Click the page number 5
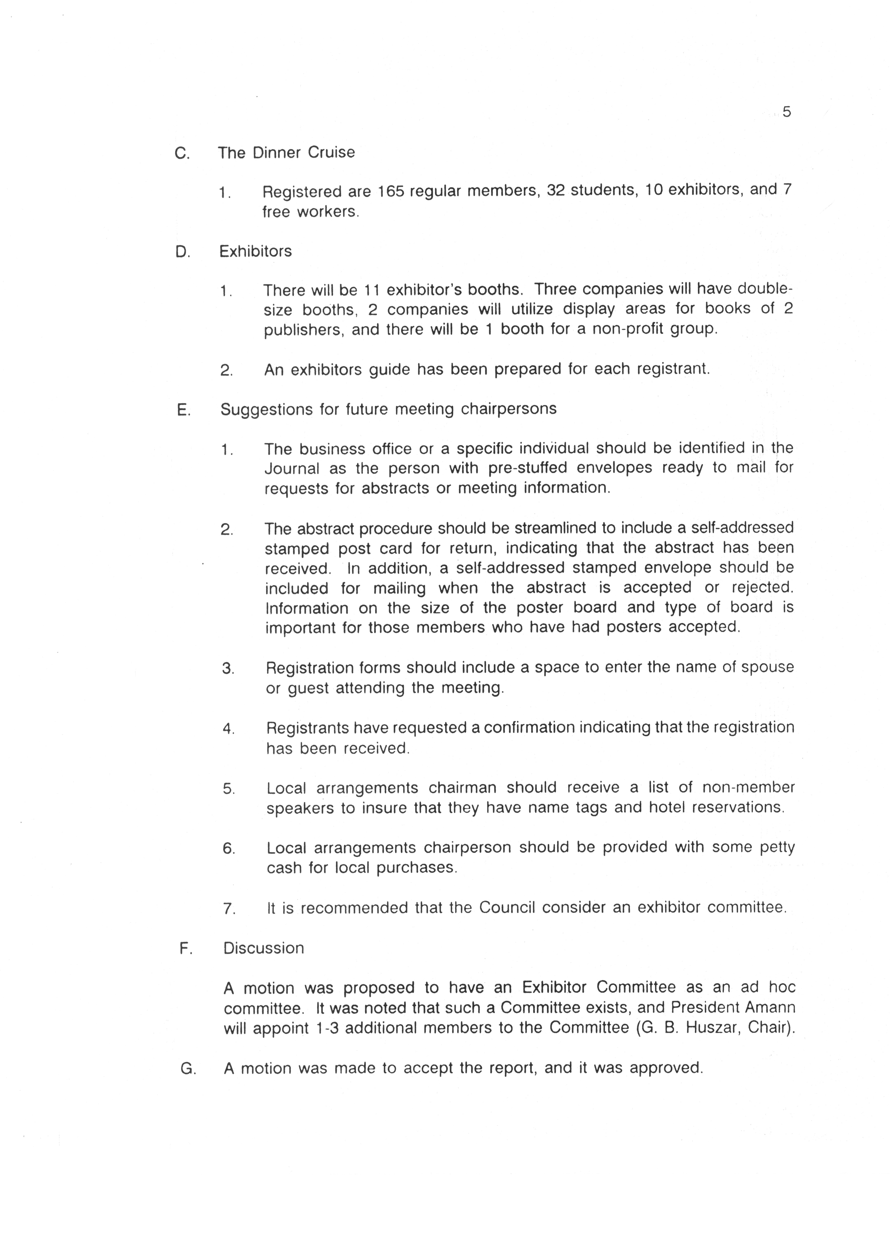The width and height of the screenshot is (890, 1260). pos(786,112)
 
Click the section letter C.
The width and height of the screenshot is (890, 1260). pos(182,153)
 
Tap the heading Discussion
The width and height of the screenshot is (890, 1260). pos(263,948)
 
